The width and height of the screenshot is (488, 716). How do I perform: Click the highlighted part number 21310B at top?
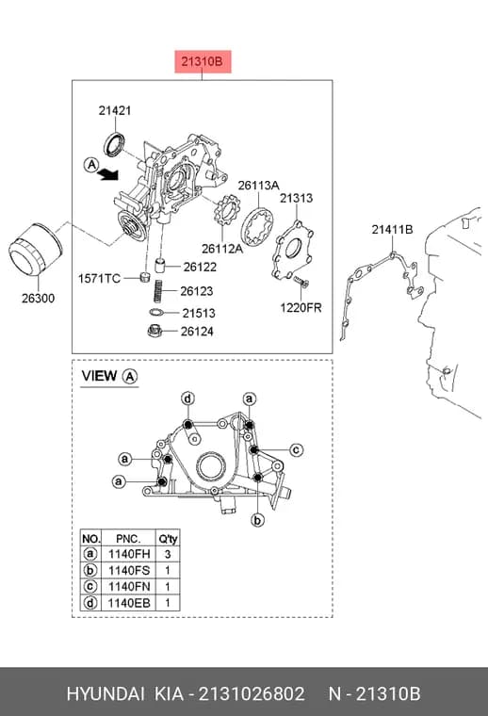point(203,61)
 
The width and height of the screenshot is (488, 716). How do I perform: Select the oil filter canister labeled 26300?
point(35,250)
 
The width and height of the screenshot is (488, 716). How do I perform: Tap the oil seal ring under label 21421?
point(114,144)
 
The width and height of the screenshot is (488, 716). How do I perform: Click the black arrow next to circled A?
point(108,174)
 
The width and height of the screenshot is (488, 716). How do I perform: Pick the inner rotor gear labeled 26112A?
point(227,215)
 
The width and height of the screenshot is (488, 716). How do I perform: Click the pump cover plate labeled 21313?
point(293,250)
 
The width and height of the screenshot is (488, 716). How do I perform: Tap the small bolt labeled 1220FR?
point(301,281)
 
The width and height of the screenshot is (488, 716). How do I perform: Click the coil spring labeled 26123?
point(158,291)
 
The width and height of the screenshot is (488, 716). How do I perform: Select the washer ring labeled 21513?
point(157,313)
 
